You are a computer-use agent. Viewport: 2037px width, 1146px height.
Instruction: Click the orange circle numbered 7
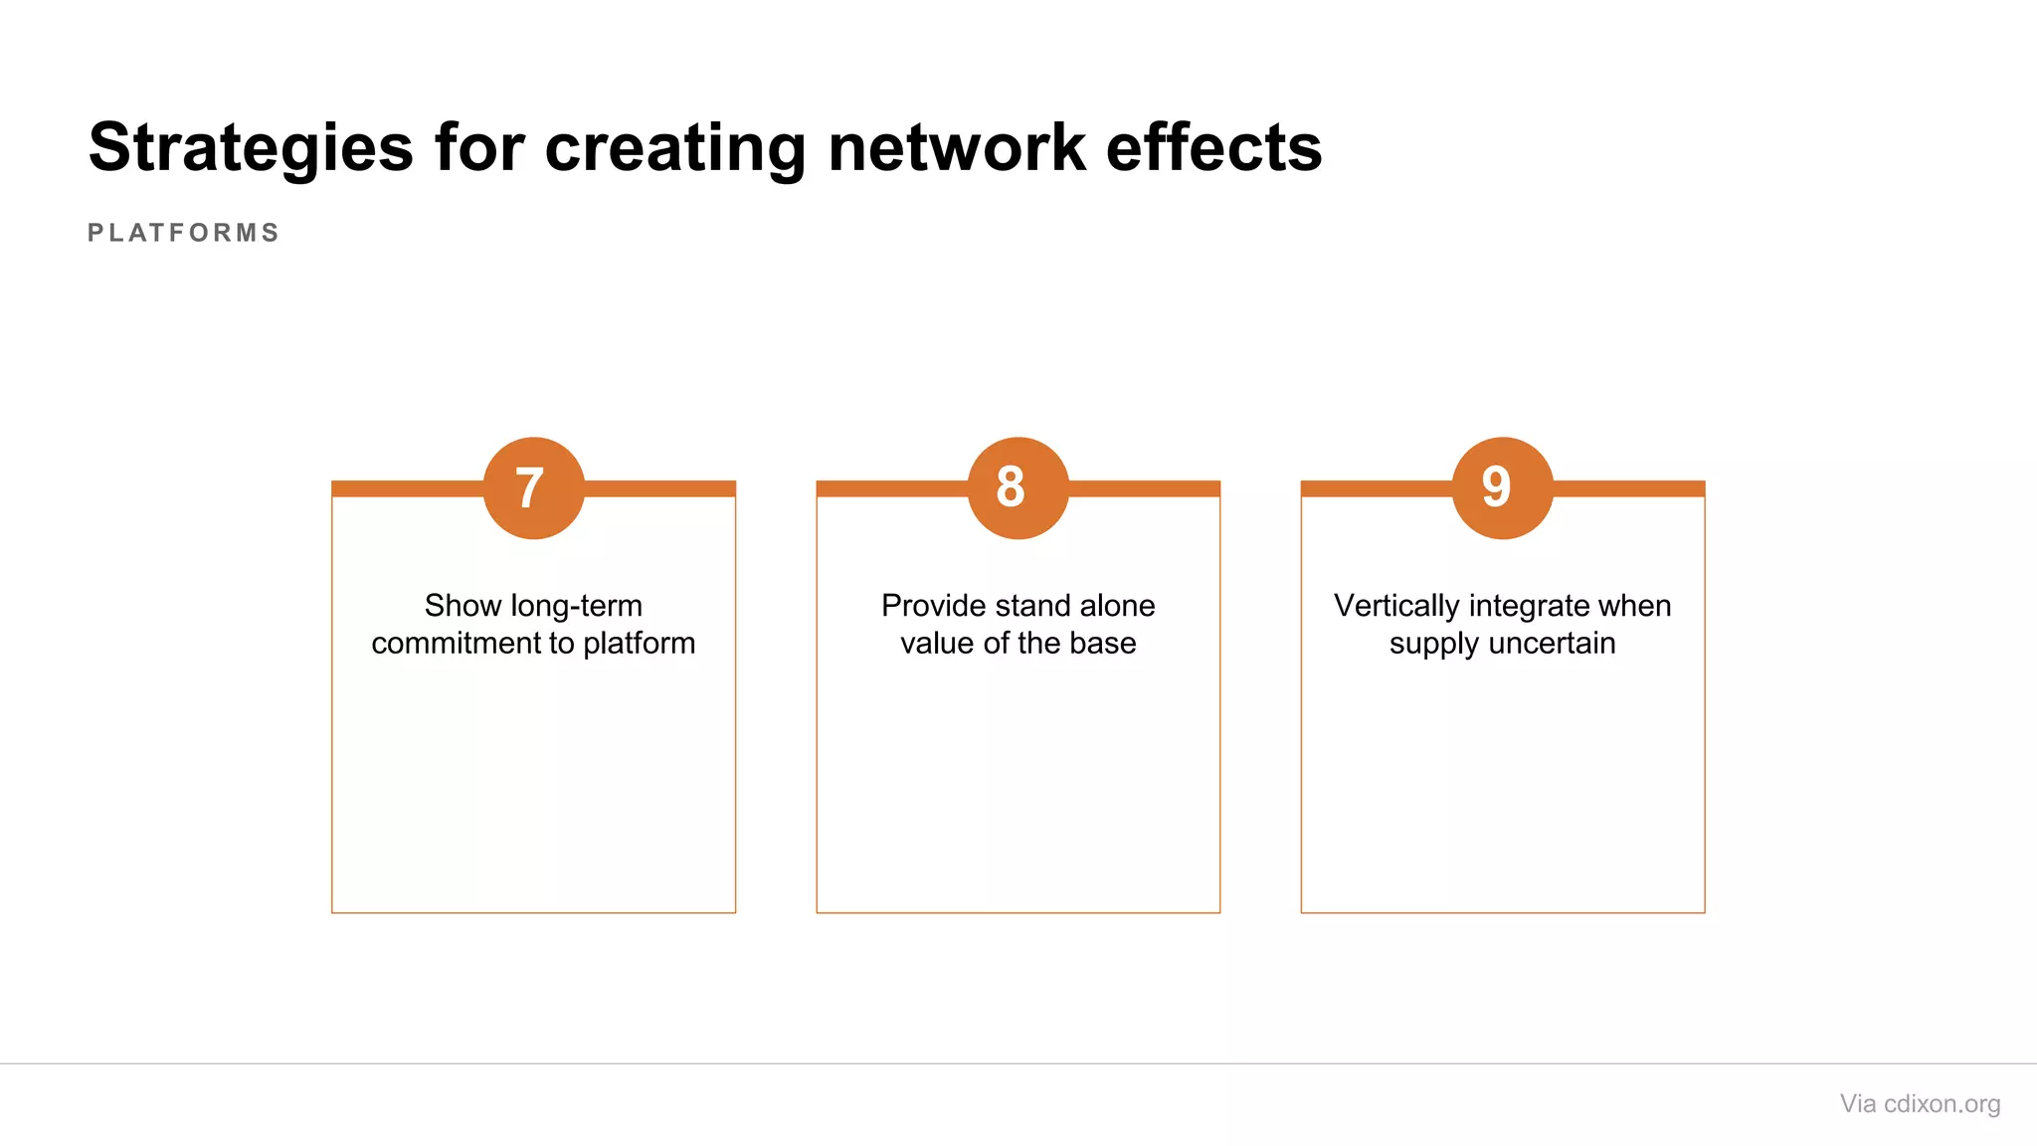pyautogui.click(x=533, y=487)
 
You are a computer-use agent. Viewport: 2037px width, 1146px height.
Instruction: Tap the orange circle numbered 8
pyautogui.click(x=1018, y=487)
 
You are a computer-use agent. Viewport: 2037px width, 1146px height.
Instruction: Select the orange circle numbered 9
pyautogui.click(x=1502, y=487)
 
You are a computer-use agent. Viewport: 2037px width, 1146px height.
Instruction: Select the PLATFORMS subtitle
pyautogui.click(x=184, y=233)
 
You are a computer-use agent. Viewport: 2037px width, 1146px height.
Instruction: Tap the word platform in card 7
pyautogui.click(x=640, y=644)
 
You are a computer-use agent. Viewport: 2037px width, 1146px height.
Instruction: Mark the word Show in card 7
pyautogui.click(x=462, y=606)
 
